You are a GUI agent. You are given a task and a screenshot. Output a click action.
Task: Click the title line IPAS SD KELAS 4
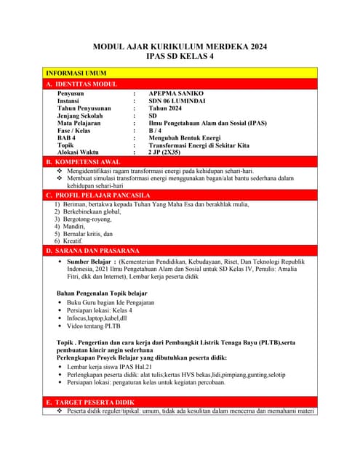click(x=180, y=56)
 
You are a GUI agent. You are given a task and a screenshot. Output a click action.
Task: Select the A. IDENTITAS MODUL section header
click(x=81, y=84)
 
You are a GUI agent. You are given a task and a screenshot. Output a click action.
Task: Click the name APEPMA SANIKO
click(x=177, y=94)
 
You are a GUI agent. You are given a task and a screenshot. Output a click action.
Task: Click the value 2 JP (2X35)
click(x=164, y=153)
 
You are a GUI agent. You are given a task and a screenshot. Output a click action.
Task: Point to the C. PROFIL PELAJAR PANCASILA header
click(x=98, y=195)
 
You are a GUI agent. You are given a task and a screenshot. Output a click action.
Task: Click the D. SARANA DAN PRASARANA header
click(x=92, y=251)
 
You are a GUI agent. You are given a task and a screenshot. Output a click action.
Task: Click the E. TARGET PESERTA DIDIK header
click(x=90, y=402)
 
